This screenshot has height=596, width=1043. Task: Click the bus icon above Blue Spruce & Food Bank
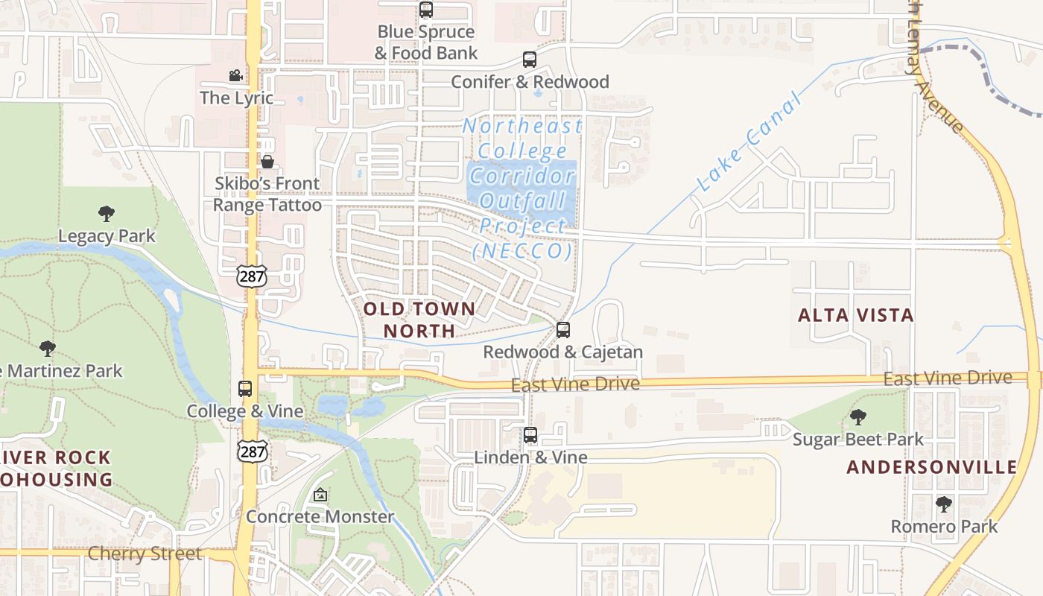[426, 10]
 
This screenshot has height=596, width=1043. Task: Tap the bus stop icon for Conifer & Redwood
[530, 60]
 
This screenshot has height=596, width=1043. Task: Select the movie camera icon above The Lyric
[235, 76]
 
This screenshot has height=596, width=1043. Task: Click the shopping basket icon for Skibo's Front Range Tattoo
[267, 162]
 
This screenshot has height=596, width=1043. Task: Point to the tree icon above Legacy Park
[107, 215]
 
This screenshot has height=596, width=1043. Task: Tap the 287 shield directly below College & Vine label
[251, 451]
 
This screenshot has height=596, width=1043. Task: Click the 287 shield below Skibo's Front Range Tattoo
[251, 275]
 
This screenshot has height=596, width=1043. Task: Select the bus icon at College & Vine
[245, 389]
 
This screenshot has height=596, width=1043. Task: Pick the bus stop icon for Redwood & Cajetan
[563, 330]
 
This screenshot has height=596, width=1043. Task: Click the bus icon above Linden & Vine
[530, 435]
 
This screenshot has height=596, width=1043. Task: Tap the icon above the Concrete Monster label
[320, 495]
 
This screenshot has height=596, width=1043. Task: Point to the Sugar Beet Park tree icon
[858, 417]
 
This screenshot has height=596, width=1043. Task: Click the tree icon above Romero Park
[944, 504]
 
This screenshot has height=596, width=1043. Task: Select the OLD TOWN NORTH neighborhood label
[419, 320]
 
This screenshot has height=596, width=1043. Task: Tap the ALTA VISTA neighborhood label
[856, 315]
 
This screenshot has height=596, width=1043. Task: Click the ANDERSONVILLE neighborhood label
[932, 467]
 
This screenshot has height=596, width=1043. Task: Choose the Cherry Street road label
[145, 554]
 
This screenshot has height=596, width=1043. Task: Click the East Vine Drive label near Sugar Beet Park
[948, 378]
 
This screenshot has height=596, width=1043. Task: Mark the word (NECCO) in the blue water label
[523, 251]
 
